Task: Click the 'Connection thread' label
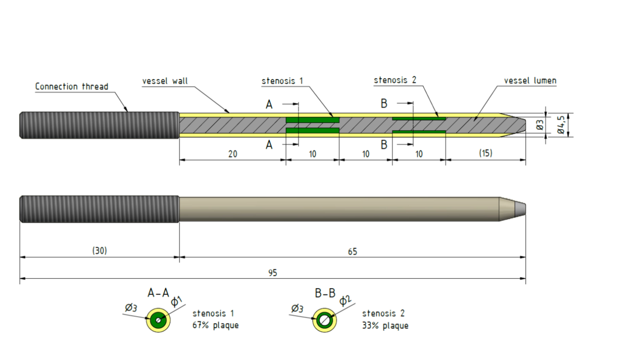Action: [72, 86]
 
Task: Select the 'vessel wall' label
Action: [165, 81]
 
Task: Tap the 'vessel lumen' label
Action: [530, 81]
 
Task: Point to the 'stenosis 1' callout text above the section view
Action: [282, 81]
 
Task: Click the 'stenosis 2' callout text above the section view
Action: [395, 81]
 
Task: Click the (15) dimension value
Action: [485, 153]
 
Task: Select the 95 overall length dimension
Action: [272, 273]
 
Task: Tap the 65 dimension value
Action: [352, 252]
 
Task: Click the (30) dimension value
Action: [100, 251]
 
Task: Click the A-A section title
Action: [158, 293]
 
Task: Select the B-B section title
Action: [325, 293]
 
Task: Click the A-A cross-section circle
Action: [159, 321]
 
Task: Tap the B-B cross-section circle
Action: [325, 320]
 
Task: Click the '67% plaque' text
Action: [215, 325]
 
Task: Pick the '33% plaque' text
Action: [385, 325]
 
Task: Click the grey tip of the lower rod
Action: [520, 209]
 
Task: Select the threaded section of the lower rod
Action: [99, 209]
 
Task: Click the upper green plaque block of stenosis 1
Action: [312, 120]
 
